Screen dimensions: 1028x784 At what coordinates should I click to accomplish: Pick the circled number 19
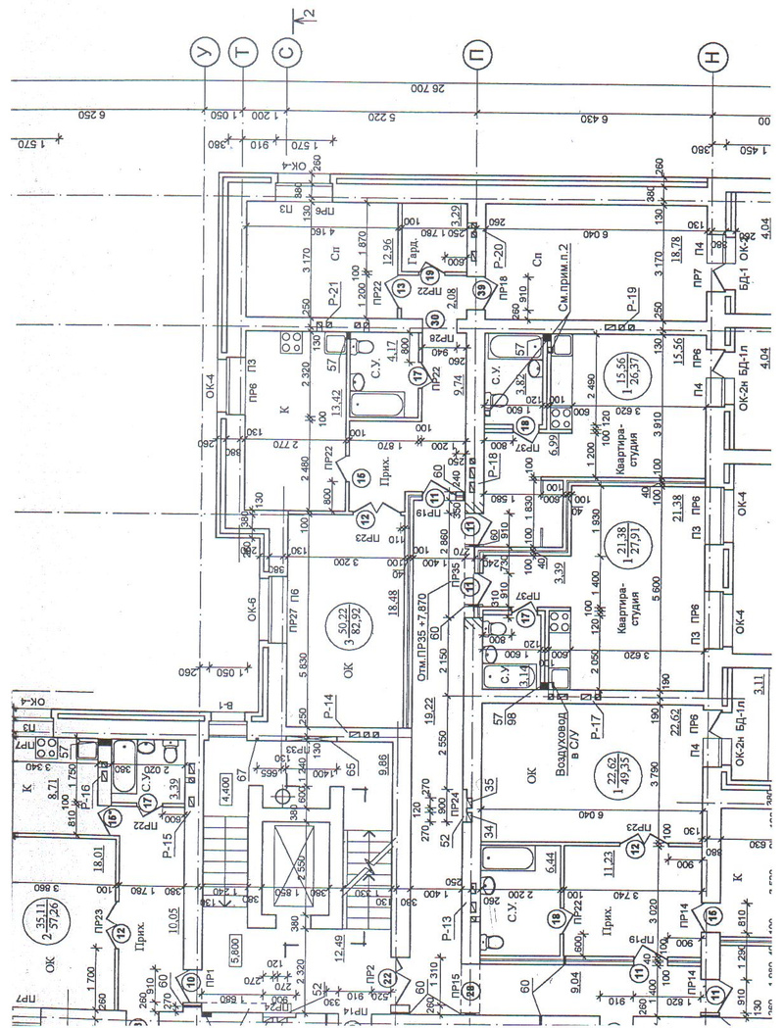(x=428, y=275)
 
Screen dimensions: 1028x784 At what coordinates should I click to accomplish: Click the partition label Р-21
(x=333, y=292)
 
